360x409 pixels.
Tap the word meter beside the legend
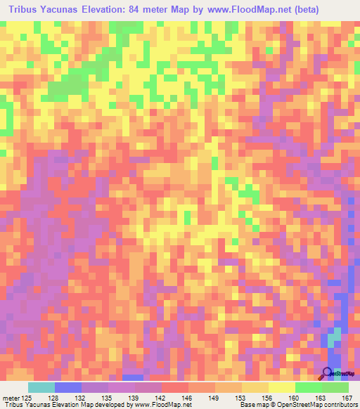(10, 397)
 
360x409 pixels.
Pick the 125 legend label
(27, 397)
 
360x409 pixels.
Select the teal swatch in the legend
(41, 387)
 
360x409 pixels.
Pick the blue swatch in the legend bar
(68, 387)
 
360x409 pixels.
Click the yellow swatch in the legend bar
(282, 387)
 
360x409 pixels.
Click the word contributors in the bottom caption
(336, 405)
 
